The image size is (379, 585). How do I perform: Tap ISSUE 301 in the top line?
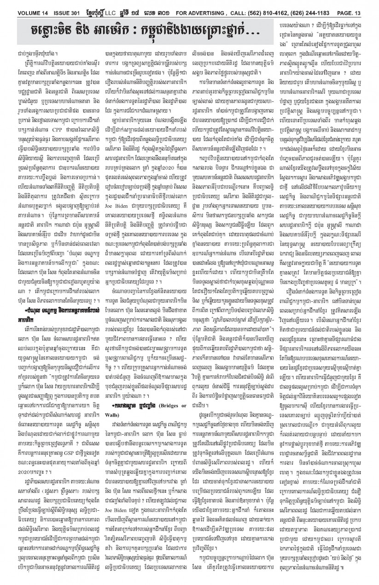click(x=54, y=6)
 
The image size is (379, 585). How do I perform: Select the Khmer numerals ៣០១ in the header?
click(x=169, y=6)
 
